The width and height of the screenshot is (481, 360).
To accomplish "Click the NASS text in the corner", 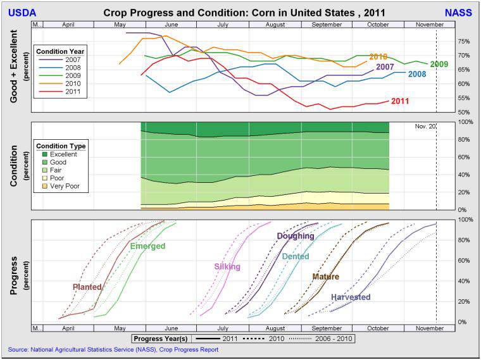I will coord(458,12).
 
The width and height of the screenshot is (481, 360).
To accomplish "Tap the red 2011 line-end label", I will coord(400,101).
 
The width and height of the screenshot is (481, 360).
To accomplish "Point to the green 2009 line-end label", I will coord(439,65).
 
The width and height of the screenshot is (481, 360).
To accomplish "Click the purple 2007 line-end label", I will coord(385,67).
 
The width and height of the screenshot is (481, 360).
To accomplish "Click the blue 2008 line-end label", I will coord(416,75).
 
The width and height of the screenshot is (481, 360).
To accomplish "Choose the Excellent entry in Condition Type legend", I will coord(64,154).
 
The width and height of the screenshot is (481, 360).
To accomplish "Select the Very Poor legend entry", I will coord(66,187).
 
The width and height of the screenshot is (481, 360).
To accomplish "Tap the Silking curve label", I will coord(227,267).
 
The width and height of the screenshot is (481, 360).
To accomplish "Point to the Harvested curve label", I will coord(351,297).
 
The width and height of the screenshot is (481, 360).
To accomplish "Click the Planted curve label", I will coord(87,287).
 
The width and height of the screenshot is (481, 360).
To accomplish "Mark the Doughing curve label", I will coord(296,237).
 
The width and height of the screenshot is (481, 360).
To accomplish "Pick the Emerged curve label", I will coord(147,247).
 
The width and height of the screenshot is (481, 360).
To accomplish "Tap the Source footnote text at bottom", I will coord(113,349).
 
